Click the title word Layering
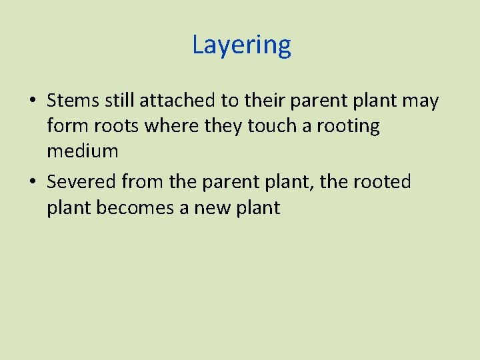(241, 45)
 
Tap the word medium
(83, 151)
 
